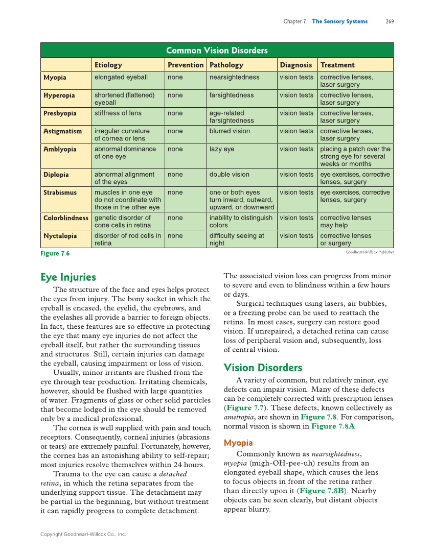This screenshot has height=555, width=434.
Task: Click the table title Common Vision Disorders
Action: [217, 50]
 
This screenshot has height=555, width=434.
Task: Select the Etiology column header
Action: [108, 65]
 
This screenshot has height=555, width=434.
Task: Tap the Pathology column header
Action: [226, 65]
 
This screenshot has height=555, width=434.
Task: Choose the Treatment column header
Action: [337, 65]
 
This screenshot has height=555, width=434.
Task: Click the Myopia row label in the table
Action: [55, 78]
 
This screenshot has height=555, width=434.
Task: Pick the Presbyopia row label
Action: [60, 113]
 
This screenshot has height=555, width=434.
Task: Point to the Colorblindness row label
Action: [66, 218]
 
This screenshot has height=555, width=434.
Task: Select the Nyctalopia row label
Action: [60, 236]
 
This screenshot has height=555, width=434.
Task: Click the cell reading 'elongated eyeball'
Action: [121, 78]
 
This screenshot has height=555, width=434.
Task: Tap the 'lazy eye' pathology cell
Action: [222, 149]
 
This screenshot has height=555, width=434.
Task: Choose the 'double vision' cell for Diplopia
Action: [229, 175]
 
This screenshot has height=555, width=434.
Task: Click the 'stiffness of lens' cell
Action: [118, 113]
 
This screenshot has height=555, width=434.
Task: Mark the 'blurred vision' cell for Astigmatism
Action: [230, 131]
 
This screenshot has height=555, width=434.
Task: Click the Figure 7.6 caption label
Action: [55, 254]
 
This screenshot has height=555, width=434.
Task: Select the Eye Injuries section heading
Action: [68, 277]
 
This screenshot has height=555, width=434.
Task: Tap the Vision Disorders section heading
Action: [263, 368]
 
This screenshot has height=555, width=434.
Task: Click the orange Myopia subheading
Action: [238, 443]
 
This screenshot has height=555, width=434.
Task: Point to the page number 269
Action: [390, 21]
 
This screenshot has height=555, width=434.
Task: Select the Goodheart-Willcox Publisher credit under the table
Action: [370, 252]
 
